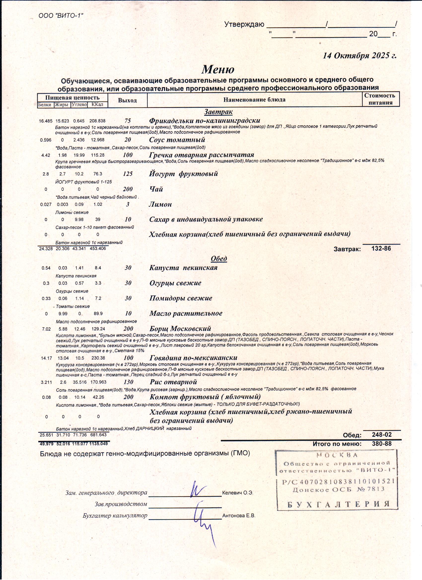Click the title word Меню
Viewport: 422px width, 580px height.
(x=218, y=69)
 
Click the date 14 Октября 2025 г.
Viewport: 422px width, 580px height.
(x=359, y=56)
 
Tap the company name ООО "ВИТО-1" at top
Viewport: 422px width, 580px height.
(x=61, y=16)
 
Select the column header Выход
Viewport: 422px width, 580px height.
(x=127, y=100)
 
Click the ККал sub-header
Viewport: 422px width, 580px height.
(x=97, y=105)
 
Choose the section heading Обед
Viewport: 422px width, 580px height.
(x=219, y=258)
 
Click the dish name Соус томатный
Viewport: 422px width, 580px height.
(x=177, y=140)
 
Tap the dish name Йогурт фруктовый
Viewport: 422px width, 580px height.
(x=183, y=174)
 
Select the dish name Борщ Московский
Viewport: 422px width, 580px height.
(x=180, y=329)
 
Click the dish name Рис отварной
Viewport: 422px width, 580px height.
(x=173, y=382)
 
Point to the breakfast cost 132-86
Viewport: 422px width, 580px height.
(x=381, y=248)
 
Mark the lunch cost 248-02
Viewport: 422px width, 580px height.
(x=382, y=434)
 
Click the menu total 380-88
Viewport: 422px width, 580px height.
(x=382, y=444)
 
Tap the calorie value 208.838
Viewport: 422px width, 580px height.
(x=97, y=121)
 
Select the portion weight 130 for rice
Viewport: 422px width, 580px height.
(x=128, y=382)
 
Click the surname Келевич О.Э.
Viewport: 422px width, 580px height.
(x=238, y=493)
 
